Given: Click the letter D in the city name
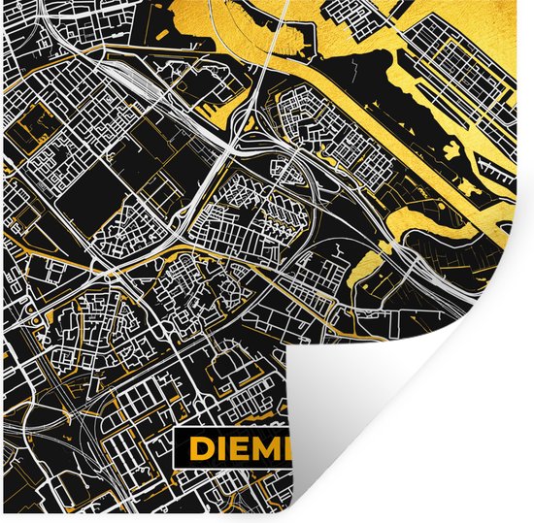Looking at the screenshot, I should click(x=201, y=449).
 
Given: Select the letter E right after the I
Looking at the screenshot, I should click(x=241, y=449).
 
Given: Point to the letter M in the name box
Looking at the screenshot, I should click(x=269, y=449).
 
